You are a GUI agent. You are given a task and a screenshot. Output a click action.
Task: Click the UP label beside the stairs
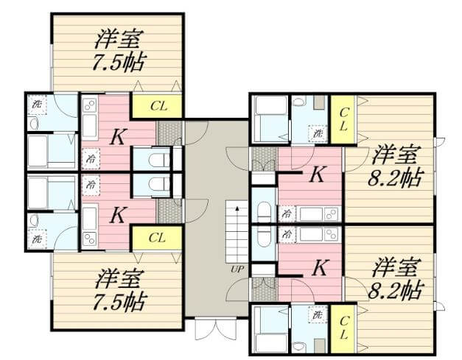[237, 269]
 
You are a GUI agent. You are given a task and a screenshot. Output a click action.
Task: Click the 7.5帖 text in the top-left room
[119, 62]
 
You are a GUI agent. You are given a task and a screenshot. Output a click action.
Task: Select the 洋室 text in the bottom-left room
[119, 278]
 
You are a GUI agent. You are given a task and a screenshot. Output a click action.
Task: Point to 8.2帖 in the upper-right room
[395, 177]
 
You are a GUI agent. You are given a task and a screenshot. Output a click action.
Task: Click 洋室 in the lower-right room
[395, 267]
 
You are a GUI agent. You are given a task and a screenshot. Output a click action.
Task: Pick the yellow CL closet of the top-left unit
[156, 106]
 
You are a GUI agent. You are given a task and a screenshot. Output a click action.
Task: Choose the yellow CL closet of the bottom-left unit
[156, 238]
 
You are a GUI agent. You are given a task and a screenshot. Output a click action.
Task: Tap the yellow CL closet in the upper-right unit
[343, 119]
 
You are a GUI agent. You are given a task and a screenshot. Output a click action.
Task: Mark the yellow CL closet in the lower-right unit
[343, 328]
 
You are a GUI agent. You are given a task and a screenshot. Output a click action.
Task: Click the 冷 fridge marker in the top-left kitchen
[91, 158]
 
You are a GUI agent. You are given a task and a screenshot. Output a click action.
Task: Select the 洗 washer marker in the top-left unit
[38, 104]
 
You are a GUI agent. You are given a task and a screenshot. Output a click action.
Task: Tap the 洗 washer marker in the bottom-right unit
[318, 315]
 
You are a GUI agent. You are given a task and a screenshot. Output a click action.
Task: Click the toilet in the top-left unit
[155, 160]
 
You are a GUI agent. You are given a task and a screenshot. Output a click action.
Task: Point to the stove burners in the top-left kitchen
[89, 105]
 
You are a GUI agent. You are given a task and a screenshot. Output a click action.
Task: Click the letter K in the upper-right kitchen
[317, 174]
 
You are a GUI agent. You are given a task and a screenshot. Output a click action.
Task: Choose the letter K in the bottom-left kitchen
[118, 215]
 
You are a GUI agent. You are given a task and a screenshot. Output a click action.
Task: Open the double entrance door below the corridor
[216, 329]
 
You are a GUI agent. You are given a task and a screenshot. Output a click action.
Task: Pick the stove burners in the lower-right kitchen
[331, 234]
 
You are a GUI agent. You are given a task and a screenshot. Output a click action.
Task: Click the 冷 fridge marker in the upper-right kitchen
[286, 213]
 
